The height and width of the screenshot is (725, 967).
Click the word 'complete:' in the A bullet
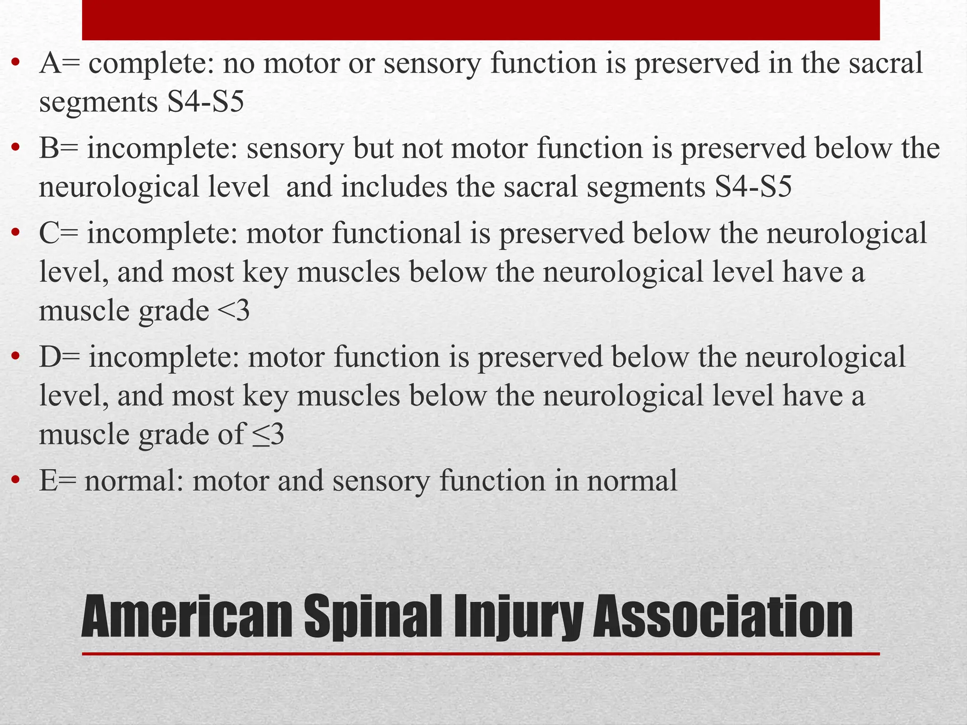pos(151,64)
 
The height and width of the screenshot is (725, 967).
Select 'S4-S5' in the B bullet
pos(753,187)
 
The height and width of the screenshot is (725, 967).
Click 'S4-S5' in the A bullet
pos(205,102)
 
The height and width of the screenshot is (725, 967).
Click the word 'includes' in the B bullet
pos(394,187)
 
